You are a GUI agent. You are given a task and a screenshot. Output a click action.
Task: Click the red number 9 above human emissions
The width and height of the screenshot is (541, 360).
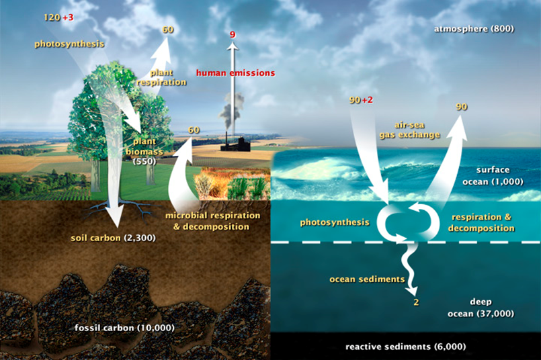tap(233, 34)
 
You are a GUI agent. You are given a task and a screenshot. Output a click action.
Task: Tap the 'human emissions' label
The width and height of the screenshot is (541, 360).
tap(236, 73)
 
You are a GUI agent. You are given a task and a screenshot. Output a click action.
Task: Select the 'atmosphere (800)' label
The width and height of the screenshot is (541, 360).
tap(474, 29)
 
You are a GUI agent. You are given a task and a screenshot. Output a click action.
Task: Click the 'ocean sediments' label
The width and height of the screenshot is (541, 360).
tap(367, 279)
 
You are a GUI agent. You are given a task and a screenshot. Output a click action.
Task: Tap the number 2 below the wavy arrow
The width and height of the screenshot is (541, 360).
tap(417, 302)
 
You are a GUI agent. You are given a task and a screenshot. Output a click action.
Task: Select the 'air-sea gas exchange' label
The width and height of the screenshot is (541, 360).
tap(410, 130)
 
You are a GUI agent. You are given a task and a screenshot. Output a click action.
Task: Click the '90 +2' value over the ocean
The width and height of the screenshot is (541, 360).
tap(362, 100)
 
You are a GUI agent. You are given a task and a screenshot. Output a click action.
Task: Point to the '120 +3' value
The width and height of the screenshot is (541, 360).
tap(58, 17)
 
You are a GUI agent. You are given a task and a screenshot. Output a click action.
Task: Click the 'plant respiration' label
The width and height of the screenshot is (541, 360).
tap(161, 77)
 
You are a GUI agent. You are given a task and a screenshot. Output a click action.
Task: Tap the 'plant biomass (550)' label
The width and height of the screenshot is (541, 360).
tap(144, 151)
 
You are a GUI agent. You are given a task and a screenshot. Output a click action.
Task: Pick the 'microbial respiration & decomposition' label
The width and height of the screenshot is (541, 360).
tap(212, 221)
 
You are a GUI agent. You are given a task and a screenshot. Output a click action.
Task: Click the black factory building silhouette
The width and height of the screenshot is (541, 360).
tap(236, 144)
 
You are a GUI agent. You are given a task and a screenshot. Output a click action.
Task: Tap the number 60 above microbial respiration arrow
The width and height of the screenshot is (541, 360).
tap(194, 130)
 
